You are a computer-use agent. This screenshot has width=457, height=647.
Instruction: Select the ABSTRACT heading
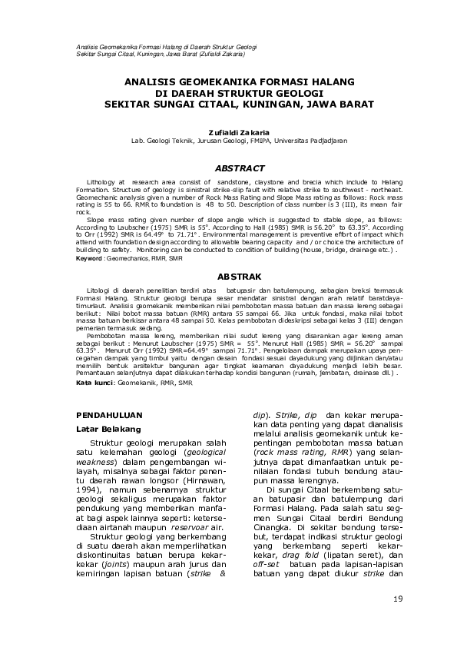[239, 168]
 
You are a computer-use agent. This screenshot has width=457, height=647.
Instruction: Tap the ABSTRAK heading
[240, 275]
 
